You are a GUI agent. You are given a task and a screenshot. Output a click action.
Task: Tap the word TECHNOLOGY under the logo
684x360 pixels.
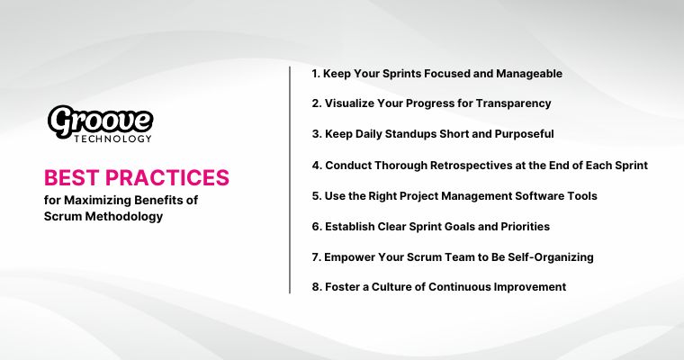point(113,139)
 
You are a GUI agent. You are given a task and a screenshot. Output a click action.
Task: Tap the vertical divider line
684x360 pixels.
point(290,180)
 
